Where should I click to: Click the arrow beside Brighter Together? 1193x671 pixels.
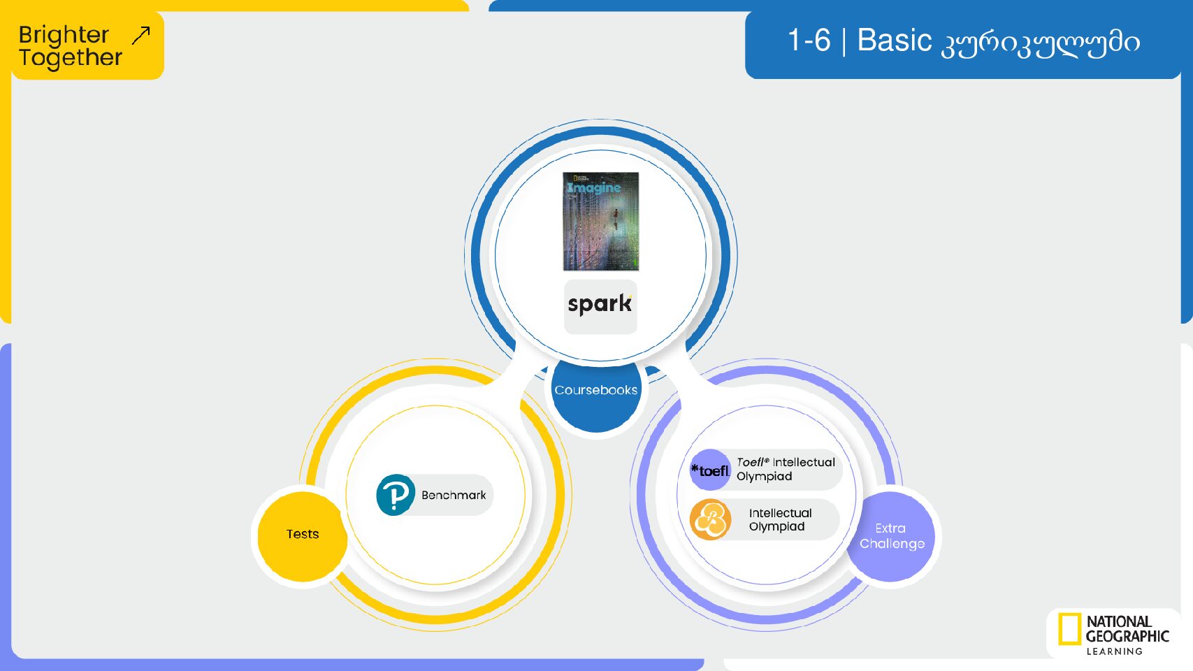coord(141,36)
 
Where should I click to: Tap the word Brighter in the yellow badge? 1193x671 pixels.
coord(64,36)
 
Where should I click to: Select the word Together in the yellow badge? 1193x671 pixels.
coord(71,58)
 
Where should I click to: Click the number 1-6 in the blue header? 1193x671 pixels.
coord(809,41)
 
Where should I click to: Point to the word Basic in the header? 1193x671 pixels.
coord(894,41)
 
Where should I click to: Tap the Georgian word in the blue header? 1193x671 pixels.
coord(1040,43)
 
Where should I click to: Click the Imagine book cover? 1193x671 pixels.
coord(601,221)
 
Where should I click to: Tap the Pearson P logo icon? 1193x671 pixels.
coord(395,495)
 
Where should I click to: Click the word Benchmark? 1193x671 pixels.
coord(454,496)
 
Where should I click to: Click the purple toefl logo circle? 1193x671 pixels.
coord(710,470)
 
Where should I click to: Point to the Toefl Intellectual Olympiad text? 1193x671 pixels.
coord(786,469)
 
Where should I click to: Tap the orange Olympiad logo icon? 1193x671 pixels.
coord(710,520)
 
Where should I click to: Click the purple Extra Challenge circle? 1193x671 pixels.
coord(890,536)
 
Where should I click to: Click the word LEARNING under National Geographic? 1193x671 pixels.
coord(1114,651)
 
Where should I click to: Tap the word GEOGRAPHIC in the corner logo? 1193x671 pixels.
coord(1127,636)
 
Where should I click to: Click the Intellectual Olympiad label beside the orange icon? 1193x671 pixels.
coord(780,520)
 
